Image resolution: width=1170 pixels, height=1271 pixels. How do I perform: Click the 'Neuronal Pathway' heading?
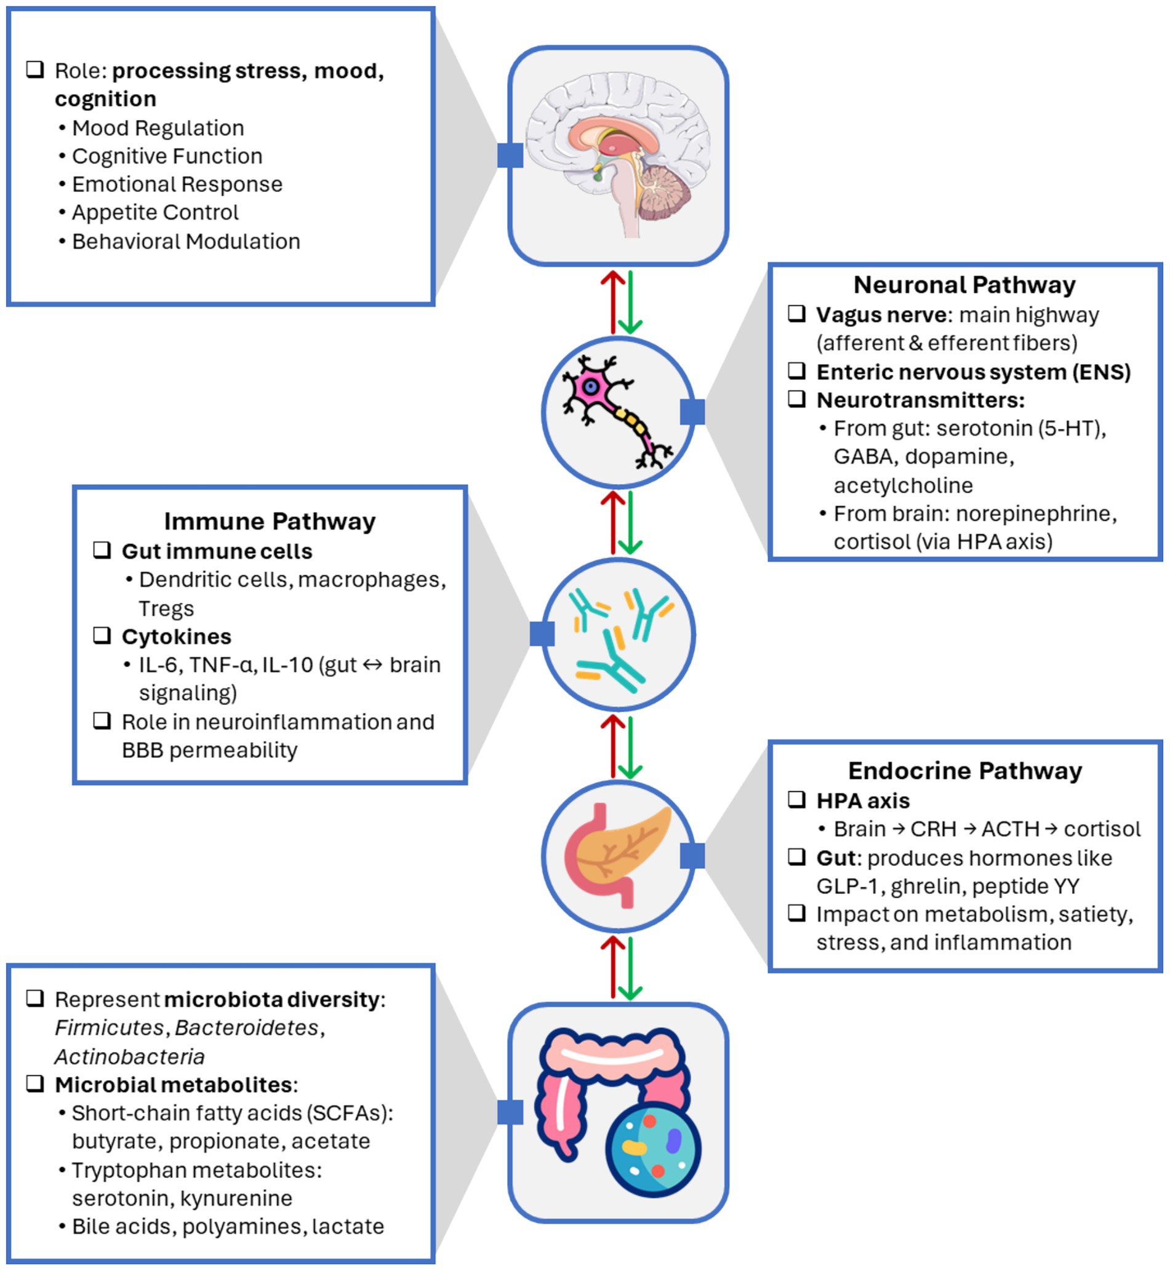click(x=964, y=285)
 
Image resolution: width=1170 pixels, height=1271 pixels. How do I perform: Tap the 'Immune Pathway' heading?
click(x=270, y=521)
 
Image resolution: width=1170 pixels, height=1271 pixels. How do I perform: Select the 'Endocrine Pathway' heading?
click(x=964, y=770)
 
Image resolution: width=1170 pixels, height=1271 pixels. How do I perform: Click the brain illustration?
click(x=618, y=155)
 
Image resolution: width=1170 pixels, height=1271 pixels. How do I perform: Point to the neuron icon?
click(x=618, y=412)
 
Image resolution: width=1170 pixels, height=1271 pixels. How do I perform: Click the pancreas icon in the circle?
click(x=618, y=855)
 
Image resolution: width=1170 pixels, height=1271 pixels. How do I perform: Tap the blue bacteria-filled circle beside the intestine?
click(x=653, y=1152)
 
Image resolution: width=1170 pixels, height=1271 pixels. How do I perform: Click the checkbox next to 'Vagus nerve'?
click(x=796, y=313)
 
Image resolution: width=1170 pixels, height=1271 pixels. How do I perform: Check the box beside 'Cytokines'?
click(x=102, y=635)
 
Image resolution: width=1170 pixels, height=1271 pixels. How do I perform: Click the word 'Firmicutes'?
click(x=109, y=1028)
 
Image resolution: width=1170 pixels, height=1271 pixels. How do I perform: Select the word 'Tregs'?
click(x=166, y=608)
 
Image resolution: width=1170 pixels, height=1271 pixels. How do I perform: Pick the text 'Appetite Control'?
click(x=155, y=212)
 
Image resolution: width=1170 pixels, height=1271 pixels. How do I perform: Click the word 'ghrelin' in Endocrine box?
click(x=925, y=887)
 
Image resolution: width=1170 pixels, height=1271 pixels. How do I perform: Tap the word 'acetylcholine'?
click(x=903, y=485)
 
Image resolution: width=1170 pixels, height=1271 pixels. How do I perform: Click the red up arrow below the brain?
click(x=612, y=302)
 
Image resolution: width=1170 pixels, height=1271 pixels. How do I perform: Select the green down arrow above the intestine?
click(x=630, y=968)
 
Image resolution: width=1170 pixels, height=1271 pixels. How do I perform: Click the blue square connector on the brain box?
click(x=510, y=155)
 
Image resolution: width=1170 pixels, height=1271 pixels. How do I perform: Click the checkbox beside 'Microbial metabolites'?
click(x=36, y=1083)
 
